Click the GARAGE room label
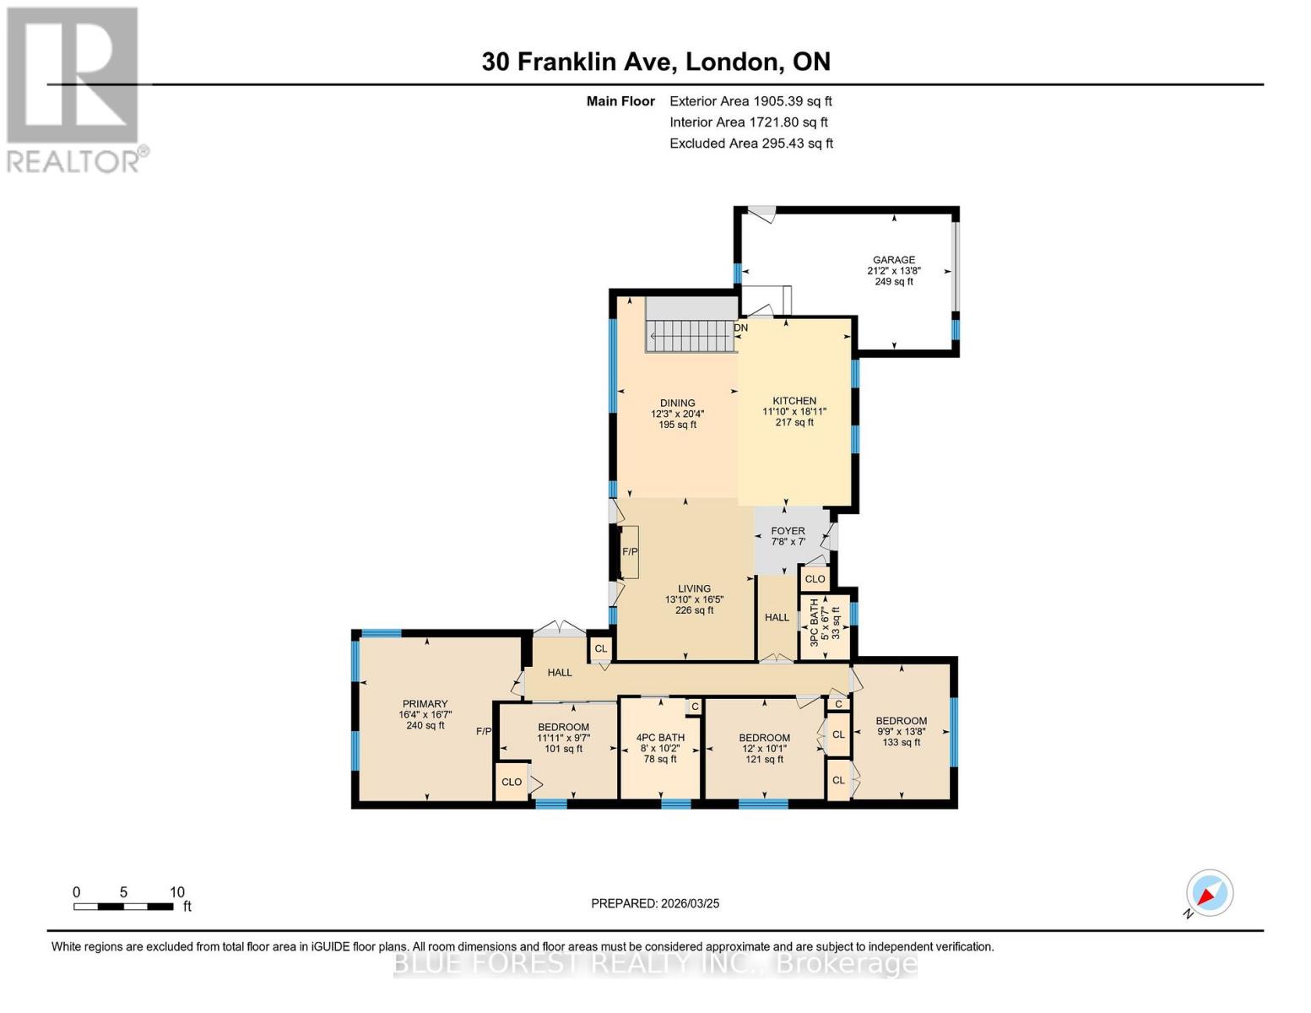893,260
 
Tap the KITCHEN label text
794,401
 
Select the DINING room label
677,403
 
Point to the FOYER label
788,531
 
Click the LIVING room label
694,588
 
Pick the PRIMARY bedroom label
425,704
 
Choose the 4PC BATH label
660,737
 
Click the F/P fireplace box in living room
630,552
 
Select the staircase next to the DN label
691,336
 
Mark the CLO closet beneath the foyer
815,579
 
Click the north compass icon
1209,893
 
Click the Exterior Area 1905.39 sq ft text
750,101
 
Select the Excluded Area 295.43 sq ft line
750,144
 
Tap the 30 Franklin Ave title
655,62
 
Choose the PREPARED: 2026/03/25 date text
655,903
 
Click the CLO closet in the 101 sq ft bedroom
512,782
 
